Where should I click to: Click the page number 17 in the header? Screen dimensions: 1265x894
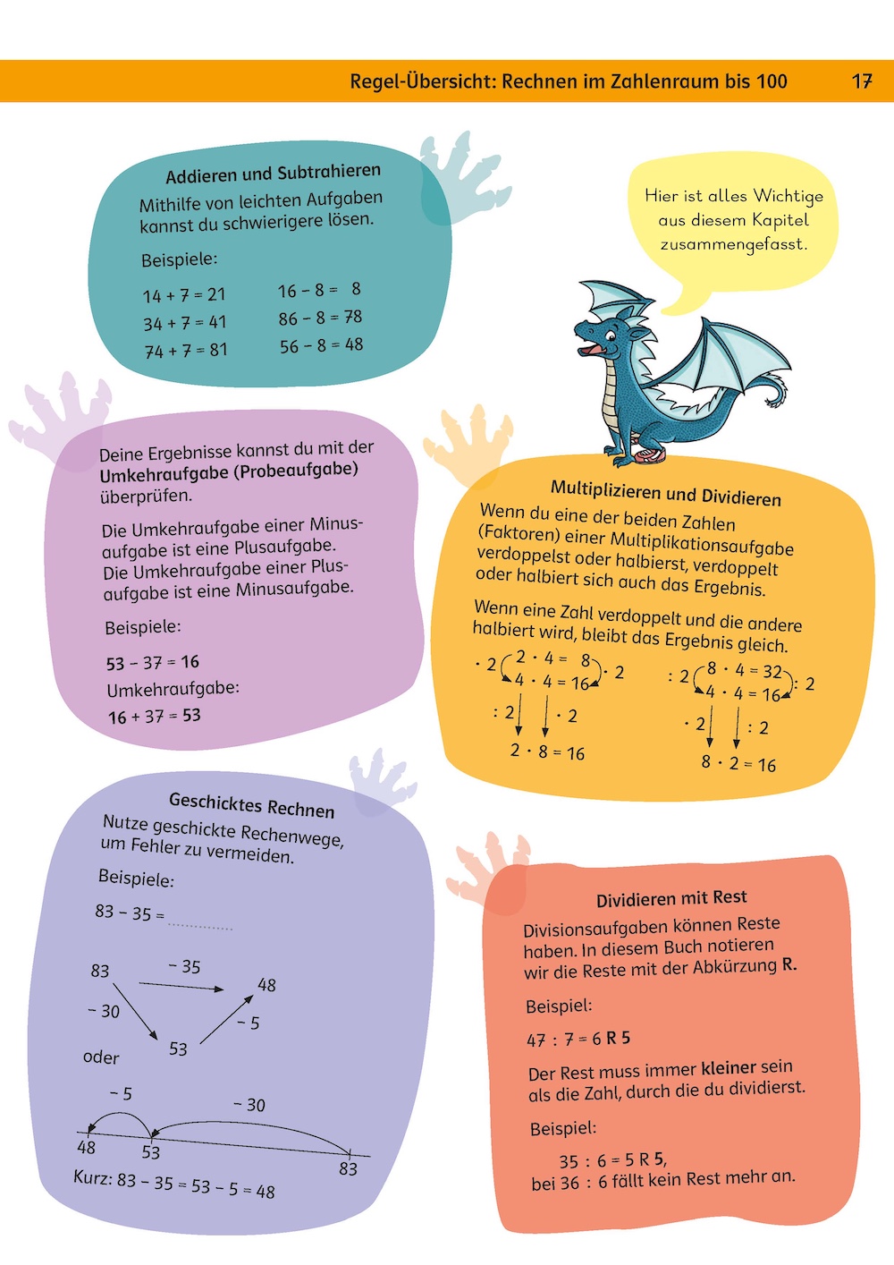(x=861, y=81)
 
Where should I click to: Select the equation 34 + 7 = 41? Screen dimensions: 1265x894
(x=185, y=322)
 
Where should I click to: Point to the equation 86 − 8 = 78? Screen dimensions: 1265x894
(x=320, y=318)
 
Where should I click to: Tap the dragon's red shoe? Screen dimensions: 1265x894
(x=650, y=457)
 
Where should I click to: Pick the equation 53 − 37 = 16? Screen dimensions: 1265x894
(x=152, y=663)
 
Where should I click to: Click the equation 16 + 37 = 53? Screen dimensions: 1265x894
(x=154, y=717)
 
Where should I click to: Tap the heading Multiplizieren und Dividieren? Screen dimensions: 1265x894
(x=665, y=493)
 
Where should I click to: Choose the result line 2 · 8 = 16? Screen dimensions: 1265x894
(x=547, y=752)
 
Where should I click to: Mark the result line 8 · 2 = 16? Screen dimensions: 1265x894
(x=738, y=764)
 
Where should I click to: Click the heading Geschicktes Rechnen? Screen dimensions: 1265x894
(x=251, y=804)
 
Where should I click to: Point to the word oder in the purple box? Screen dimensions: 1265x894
(x=101, y=1057)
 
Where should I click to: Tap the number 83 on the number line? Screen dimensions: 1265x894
(x=348, y=1168)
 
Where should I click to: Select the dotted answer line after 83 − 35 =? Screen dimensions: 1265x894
(x=200, y=926)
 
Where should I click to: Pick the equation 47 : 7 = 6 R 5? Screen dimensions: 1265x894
(x=578, y=1039)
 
